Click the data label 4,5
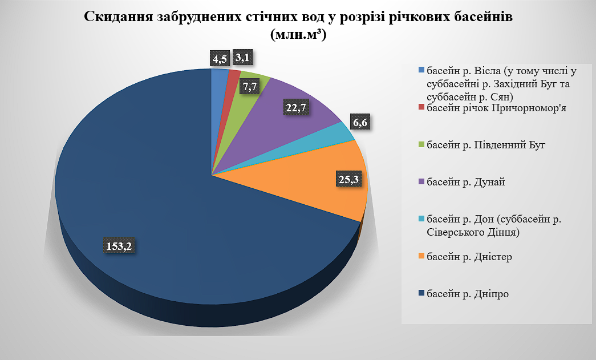[220, 59]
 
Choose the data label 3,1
[244, 58]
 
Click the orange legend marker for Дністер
[422, 257]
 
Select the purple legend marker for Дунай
[422, 182]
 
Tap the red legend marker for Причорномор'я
[422, 107]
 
